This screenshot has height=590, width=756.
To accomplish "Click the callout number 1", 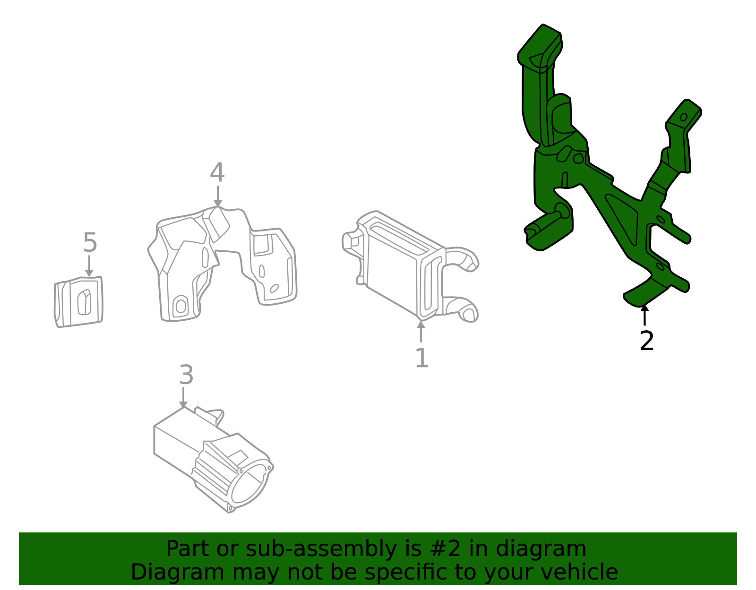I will tap(421, 358).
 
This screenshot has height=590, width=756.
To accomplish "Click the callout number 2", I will tap(646, 341).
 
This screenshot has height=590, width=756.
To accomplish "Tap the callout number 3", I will tap(186, 375).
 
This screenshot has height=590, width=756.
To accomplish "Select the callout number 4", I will tap(217, 173).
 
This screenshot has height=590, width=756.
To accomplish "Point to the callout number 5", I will tap(90, 243).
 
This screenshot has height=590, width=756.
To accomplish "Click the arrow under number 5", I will tap(89, 267).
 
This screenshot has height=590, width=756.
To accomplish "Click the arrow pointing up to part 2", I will tap(644, 316).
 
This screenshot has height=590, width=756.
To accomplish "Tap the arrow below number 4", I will tap(217, 197).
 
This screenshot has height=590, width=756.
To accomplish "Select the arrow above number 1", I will tap(421, 331).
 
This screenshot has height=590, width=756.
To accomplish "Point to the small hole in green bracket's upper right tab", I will tap(683, 117).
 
